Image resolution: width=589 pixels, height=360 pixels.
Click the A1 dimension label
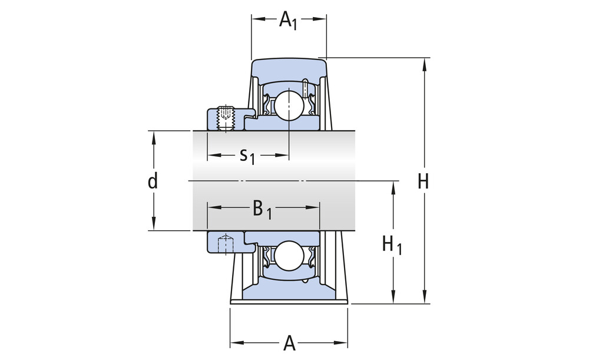(288, 20)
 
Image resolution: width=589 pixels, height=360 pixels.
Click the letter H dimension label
(423, 181)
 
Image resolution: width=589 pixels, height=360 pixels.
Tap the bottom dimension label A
(289, 342)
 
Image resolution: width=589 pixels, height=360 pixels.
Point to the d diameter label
(153, 181)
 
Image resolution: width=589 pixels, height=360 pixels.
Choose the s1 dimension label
(247, 156)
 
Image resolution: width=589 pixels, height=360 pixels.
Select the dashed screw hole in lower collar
(225, 242)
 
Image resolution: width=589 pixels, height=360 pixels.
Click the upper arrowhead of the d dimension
(153, 136)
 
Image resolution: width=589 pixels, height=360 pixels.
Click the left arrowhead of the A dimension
(234, 342)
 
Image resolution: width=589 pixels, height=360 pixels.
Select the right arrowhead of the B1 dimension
(315, 207)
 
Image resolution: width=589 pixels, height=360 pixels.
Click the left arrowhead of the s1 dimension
(211, 156)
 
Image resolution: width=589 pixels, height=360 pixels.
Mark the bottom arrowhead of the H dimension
(423, 299)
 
